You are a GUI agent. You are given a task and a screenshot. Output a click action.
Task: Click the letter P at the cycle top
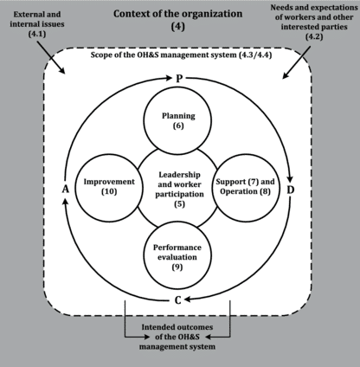click(179, 78)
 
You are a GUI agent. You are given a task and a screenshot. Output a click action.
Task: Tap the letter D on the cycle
click(291, 190)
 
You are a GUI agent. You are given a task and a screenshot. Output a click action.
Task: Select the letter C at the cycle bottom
click(178, 300)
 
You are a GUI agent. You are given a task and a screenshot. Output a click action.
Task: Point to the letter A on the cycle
click(66, 190)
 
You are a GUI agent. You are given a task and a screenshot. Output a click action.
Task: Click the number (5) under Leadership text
click(179, 204)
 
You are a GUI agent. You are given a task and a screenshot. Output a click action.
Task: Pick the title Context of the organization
click(178, 14)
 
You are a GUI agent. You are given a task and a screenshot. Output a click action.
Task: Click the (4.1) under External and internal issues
click(37, 34)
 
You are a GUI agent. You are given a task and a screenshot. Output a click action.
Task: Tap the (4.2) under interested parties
click(314, 36)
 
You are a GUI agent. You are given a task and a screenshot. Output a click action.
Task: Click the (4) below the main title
click(178, 27)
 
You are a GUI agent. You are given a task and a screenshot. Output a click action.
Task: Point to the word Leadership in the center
click(179, 175)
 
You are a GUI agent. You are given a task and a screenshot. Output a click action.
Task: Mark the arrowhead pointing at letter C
click(188, 300)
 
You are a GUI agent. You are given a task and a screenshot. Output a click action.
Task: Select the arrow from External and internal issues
click(50, 56)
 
